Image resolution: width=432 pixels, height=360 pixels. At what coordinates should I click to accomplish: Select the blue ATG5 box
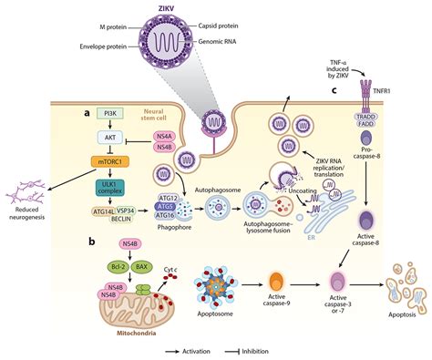pos(165,206)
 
